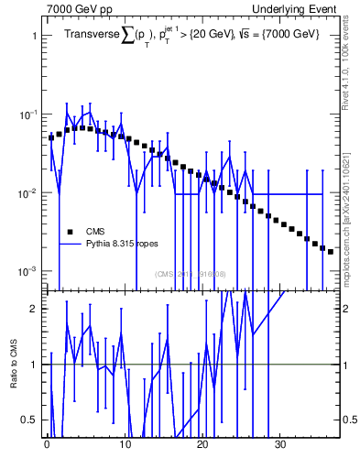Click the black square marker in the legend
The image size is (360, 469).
(x=69, y=231)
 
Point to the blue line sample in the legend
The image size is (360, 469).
(x=69, y=245)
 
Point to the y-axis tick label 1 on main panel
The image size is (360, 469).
(x=34, y=36)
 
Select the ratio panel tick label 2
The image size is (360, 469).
(x=34, y=309)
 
